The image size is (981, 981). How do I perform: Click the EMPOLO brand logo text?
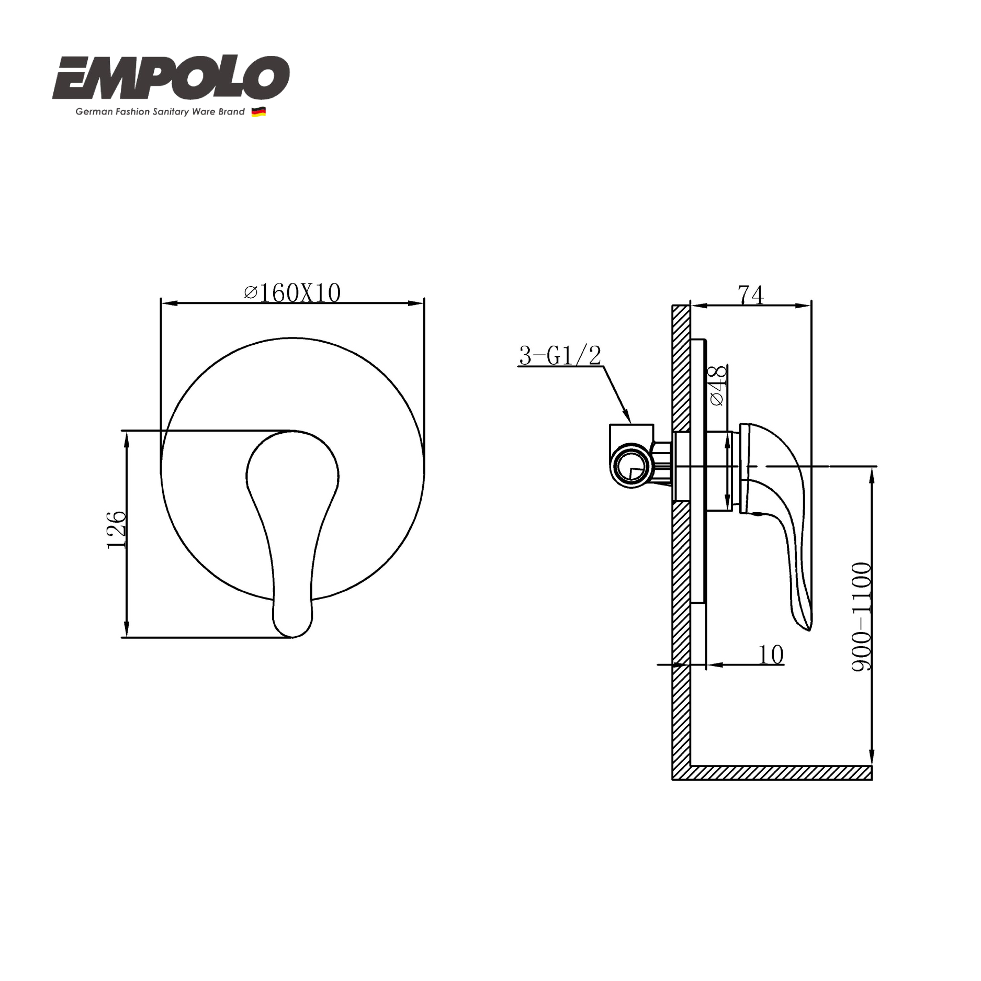click(x=171, y=78)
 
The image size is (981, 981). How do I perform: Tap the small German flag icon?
click(x=258, y=111)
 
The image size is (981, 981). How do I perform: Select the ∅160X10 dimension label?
click(x=292, y=293)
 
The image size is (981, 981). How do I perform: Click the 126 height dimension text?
click(x=116, y=529)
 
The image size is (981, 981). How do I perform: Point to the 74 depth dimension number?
click(x=751, y=295)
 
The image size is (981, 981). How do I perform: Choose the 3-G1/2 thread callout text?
click(x=560, y=356)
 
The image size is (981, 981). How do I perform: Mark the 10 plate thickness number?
click(x=771, y=655)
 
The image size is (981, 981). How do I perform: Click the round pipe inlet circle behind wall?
click(x=631, y=466)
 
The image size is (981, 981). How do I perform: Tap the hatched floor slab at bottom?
click(x=780, y=773)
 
